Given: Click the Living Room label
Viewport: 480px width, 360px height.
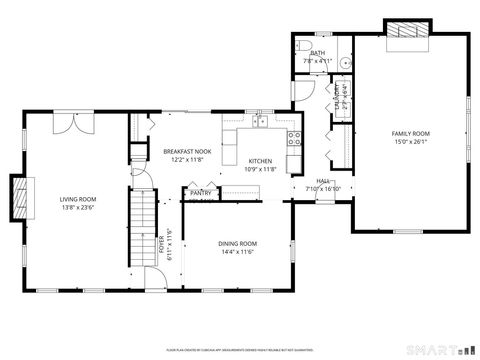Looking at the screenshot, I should pyautogui.click(x=77, y=200).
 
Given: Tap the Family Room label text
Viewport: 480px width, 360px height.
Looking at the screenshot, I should pyautogui.click(x=410, y=133).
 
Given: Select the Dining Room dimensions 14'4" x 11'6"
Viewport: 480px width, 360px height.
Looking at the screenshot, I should pyautogui.click(x=238, y=251).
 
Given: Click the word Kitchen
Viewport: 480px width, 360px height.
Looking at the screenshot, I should pyautogui.click(x=260, y=160).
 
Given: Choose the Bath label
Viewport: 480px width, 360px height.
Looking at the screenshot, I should pyautogui.click(x=318, y=53).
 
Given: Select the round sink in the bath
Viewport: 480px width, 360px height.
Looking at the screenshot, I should pyautogui.click(x=343, y=62).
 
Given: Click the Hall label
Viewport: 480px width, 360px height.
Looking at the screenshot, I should pyautogui.click(x=323, y=181).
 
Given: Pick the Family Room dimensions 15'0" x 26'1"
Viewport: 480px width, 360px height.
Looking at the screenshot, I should pyautogui.click(x=410, y=141).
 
